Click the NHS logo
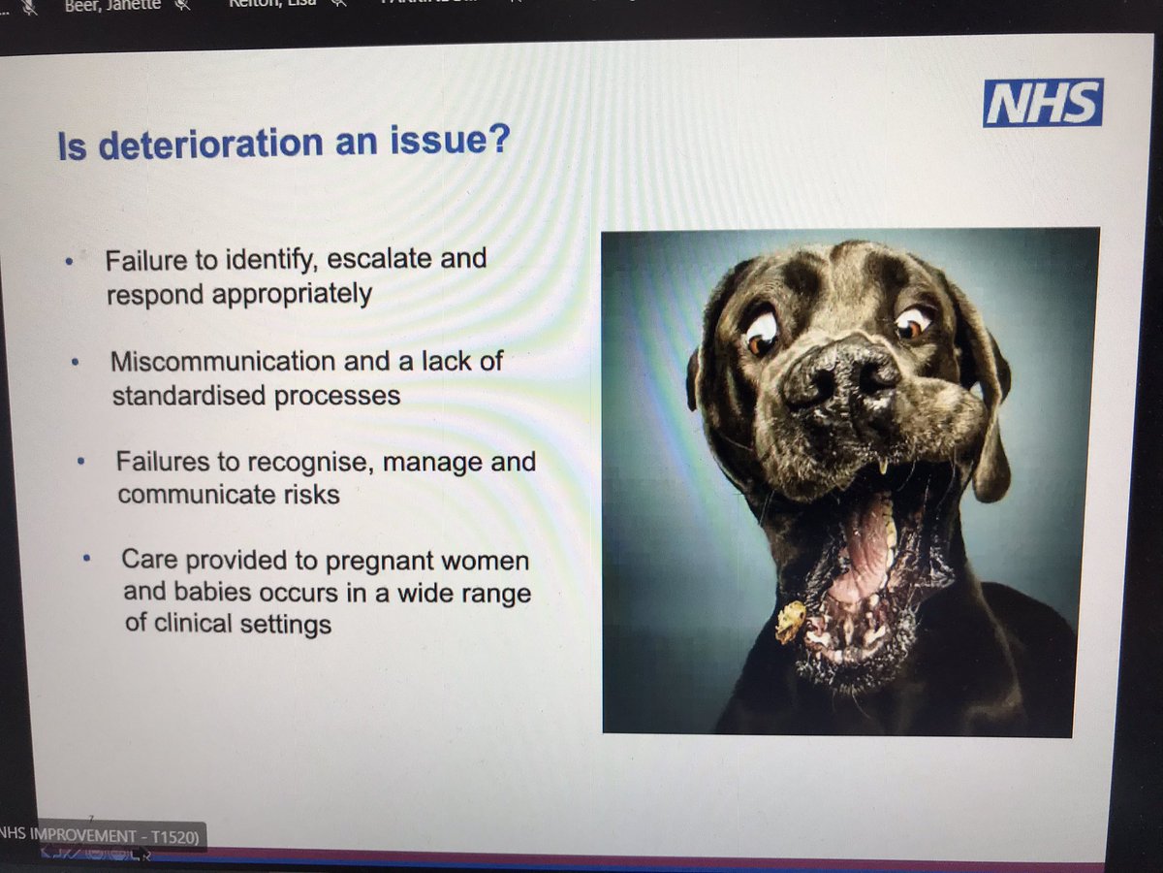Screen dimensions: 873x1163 click(x=1042, y=103)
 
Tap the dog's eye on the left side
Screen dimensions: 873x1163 click(x=762, y=332)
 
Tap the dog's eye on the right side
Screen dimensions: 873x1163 click(x=913, y=322)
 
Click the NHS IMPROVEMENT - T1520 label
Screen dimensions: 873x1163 click(x=102, y=835)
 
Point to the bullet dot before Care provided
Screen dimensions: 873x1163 click(x=87, y=560)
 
